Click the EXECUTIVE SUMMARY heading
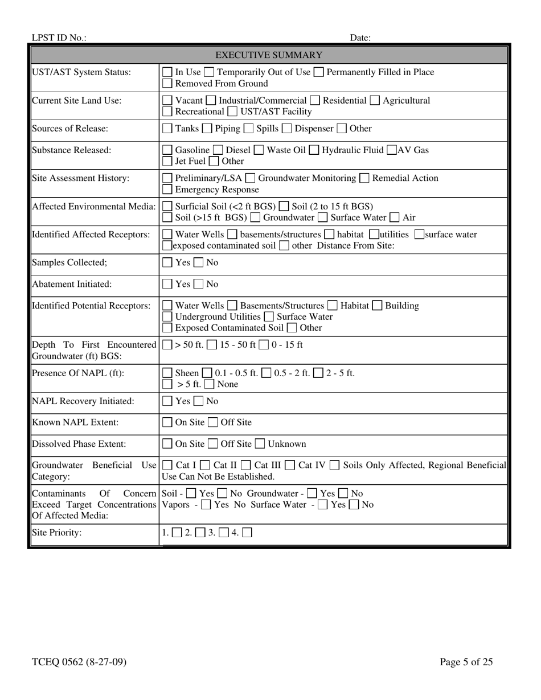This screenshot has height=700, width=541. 269,55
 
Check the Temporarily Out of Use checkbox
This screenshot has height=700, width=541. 209,72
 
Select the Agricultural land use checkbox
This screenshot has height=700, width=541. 374,101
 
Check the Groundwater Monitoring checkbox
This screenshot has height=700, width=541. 250,179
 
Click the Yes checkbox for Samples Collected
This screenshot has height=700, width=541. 168,263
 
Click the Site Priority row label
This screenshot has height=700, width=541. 57,533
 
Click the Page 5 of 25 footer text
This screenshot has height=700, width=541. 466,662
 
